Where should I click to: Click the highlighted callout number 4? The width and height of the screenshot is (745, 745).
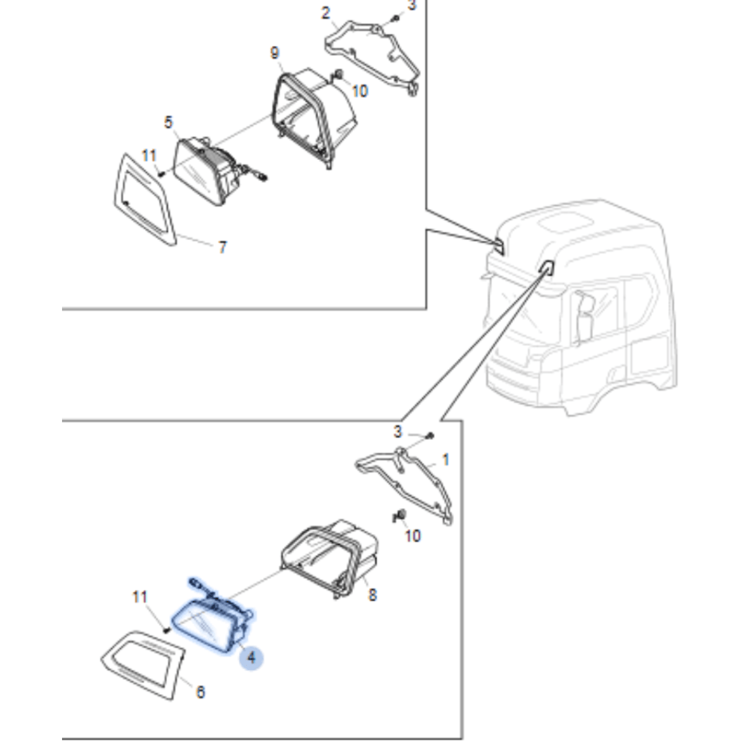coord(251,657)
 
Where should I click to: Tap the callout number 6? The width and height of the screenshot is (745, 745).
coord(200,692)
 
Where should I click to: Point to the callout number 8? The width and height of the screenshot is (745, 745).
coord(372,595)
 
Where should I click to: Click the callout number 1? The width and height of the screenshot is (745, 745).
coord(445,460)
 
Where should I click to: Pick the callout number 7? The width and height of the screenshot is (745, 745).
coord(223,248)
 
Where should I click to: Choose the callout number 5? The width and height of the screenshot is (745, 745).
coord(168,122)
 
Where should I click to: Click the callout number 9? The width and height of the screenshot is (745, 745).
coord(275,53)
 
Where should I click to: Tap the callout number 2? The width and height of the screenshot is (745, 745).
coord(326,12)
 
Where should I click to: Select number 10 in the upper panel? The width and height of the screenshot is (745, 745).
coord(360,91)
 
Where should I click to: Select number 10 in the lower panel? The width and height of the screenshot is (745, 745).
coord(413,535)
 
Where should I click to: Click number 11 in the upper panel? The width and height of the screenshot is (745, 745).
coord(149,154)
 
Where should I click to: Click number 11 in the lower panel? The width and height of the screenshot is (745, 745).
coord(140,597)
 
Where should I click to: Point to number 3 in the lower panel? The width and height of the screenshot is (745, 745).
coord(398,431)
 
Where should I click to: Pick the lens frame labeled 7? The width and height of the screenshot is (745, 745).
coord(143,199)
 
